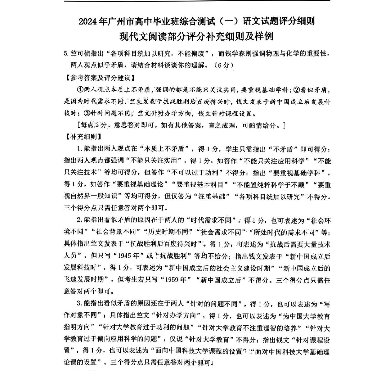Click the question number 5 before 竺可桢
click(x=65, y=53)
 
